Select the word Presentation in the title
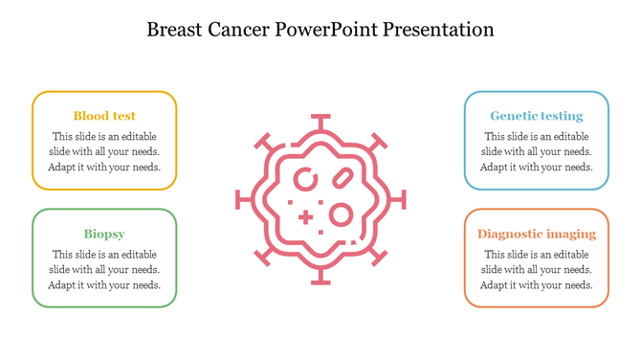pos(438,30)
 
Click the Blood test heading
pos(104,116)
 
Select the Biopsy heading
pos(104,234)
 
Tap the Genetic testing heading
pos(536,116)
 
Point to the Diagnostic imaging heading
pos(536,234)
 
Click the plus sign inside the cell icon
pos(305,217)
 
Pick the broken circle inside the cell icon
pos(306,179)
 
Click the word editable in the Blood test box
pos(139,136)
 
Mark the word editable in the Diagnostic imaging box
pos(570,255)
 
